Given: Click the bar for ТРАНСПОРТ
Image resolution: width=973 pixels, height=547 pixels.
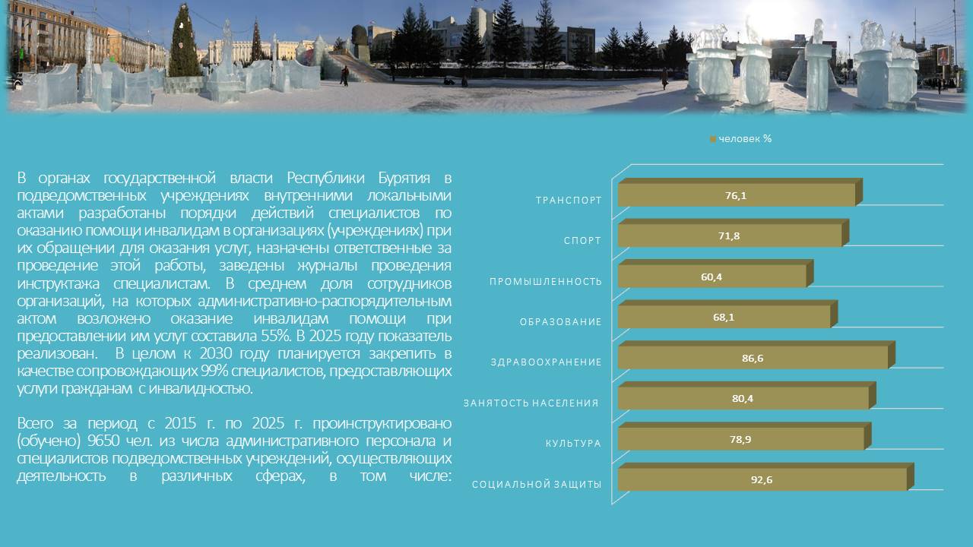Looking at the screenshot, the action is (740, 192).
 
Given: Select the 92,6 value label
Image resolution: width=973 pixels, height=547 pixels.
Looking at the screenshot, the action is (762, 479).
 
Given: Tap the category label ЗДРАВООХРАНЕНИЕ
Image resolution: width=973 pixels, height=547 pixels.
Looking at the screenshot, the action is (546, 362).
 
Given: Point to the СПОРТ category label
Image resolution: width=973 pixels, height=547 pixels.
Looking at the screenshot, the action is (582, 241).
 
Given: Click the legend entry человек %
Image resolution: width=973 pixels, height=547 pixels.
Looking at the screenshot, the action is (740, 139).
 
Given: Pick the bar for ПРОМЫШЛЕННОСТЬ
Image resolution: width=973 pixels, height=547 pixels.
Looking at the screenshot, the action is (715, 273).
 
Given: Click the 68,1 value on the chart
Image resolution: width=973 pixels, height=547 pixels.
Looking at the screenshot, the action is (724, 318).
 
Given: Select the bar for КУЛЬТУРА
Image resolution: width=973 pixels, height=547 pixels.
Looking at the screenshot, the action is (744, 436).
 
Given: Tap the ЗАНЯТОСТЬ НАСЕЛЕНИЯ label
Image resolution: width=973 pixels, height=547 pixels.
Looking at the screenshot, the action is (531, 403).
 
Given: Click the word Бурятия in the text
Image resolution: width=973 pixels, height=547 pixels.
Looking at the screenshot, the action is (404, 178).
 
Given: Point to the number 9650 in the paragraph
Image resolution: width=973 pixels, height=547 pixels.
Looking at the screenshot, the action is (103, 441).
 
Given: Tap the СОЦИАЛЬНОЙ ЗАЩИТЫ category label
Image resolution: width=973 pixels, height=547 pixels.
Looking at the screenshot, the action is (537, 485).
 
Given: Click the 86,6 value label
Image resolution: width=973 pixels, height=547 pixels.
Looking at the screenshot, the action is (753, 358).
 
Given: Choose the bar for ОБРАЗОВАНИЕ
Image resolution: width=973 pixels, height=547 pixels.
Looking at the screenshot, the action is (727, 314).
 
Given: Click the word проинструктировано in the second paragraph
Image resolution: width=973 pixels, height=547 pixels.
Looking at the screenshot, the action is (382, 423).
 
